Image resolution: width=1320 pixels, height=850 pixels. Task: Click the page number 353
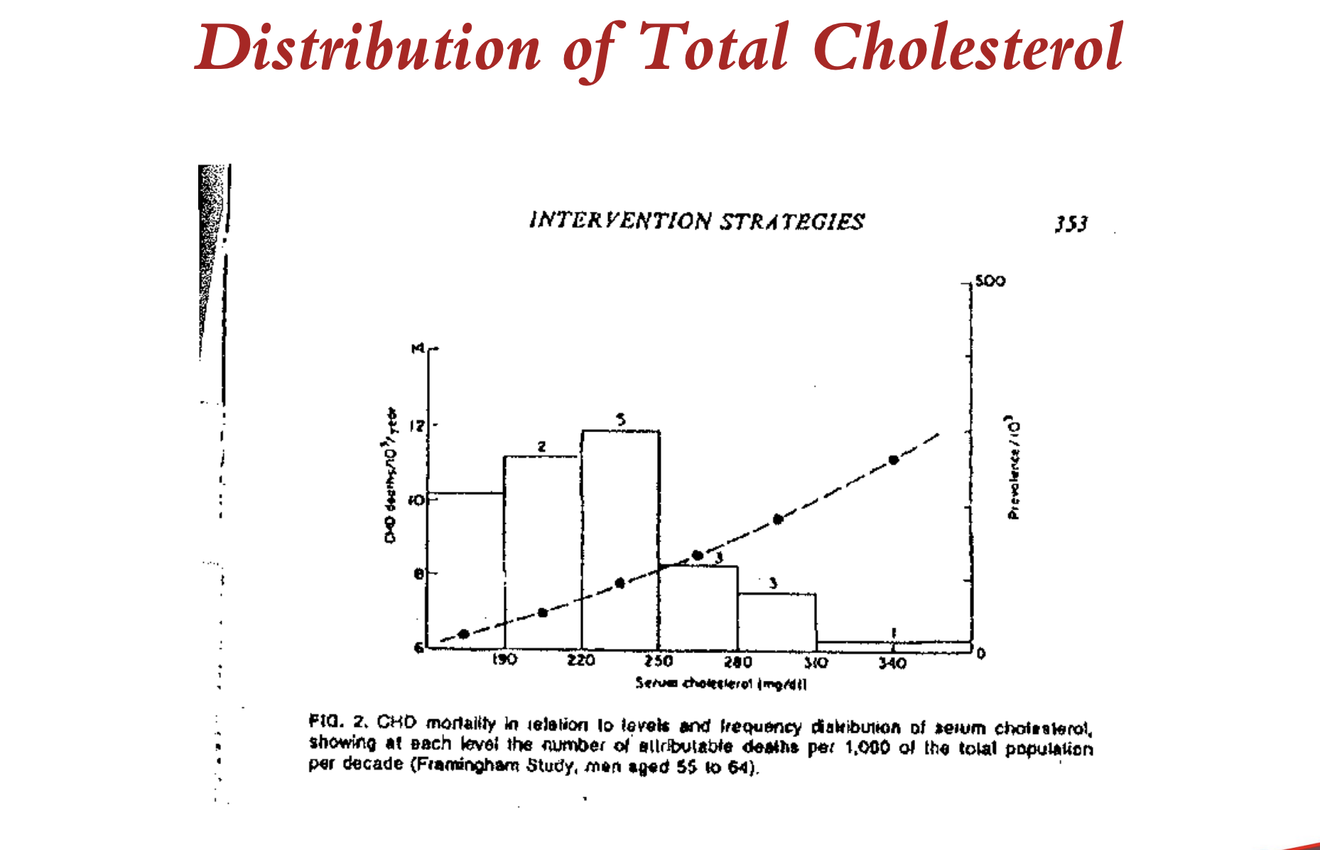(1071, 225)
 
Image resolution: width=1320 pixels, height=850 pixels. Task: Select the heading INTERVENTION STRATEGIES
(696, 221)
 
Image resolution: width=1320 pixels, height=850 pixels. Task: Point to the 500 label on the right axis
(990, 281)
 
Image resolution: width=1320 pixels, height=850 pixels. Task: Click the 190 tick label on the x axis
(504, 660)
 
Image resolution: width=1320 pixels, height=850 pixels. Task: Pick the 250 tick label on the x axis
(659, 661)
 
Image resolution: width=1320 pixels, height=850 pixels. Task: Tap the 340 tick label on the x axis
(892, 663)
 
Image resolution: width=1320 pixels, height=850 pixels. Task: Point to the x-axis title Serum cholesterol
(720, 684)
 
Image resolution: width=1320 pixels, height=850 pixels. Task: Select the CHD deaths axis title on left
(391, 475)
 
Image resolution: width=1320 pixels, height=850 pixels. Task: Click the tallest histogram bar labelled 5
(620, 540)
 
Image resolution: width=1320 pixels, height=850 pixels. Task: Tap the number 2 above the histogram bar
(541, 446)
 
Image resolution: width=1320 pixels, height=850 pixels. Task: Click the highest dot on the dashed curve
(894, 460)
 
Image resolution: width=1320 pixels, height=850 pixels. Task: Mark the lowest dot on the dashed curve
(464, 634)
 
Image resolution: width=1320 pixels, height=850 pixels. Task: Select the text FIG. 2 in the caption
(337, 722)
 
